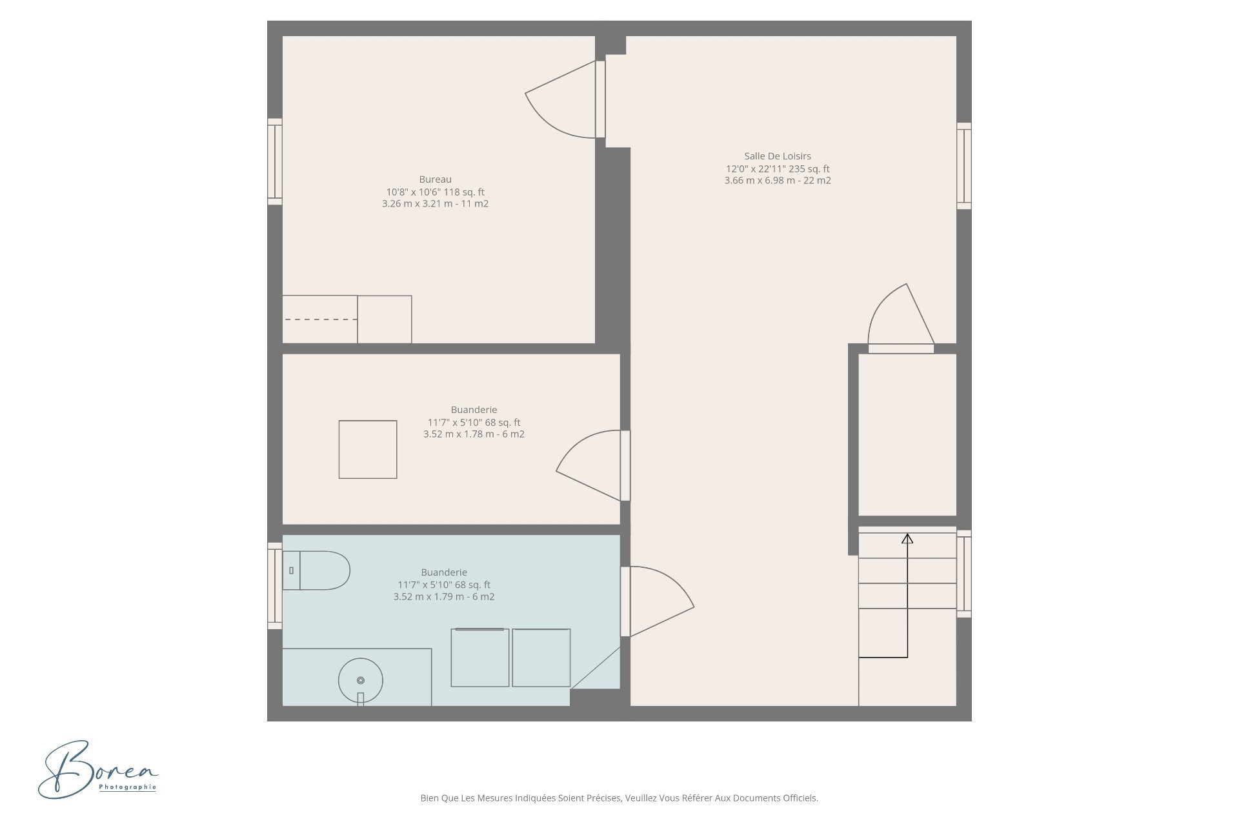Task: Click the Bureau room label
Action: click(435, 179)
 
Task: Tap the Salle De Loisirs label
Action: click(778, 156)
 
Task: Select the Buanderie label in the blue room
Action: click(444, 572)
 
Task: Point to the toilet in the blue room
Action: click(316, 570)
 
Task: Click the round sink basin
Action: click(361, 680)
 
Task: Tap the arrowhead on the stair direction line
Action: click(907, 538)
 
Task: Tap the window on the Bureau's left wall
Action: click(275, 161)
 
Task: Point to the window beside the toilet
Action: click(275, 586)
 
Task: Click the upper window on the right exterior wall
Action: click(964, 166)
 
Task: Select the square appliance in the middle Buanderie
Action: click(368, 450)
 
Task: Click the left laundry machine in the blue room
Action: click(480, 658)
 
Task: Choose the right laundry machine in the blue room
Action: click(541, 658)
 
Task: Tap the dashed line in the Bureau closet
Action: click(321, 319)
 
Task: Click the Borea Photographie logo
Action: click(98, 769)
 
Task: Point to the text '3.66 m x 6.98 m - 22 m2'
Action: click(778, 181)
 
